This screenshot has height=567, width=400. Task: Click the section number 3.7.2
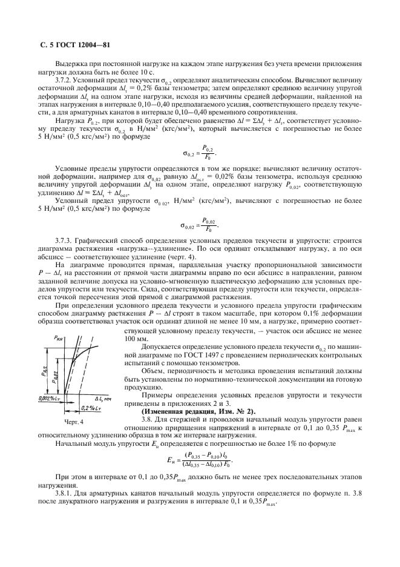[x=65, y=81]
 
